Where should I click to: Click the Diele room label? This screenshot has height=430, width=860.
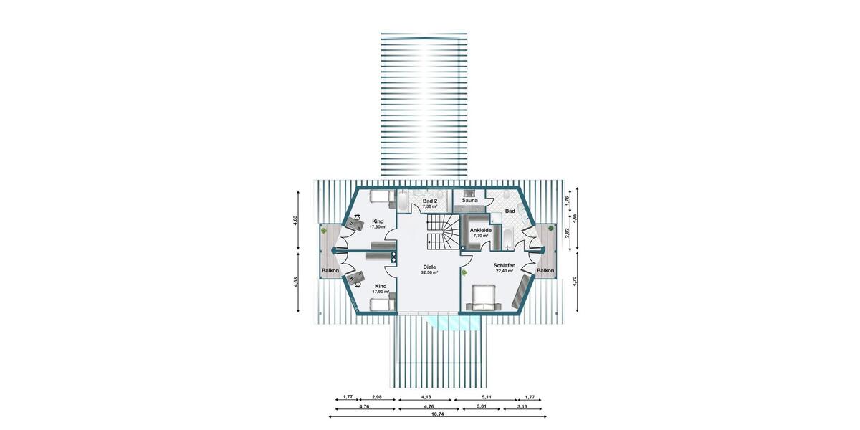tap(429, 267)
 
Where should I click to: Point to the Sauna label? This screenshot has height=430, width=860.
tap(469, 201)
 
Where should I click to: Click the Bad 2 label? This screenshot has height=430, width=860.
tap(430, 201)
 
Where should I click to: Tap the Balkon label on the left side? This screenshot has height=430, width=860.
tap(330, 271)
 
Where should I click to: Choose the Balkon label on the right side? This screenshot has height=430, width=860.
tap(545, 271)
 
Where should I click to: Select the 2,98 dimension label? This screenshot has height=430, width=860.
tap(376, 396)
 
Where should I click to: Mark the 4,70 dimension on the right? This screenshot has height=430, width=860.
tap(574, 280)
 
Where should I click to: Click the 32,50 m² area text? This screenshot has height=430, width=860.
tap(429, 273)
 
